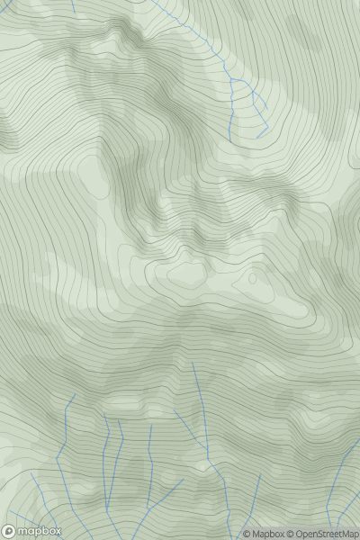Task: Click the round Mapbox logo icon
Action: click(x=9, y=531)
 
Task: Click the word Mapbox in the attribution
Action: click(x=267, y=534)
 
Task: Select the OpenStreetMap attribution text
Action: click(x=325, y=534)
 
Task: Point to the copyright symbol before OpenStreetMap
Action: click(x=292, y=534)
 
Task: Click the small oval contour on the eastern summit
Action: click(x=252, y=279)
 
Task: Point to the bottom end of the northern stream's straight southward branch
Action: click(x=230, y=139)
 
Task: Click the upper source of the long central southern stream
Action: click(x=193, y=364)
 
